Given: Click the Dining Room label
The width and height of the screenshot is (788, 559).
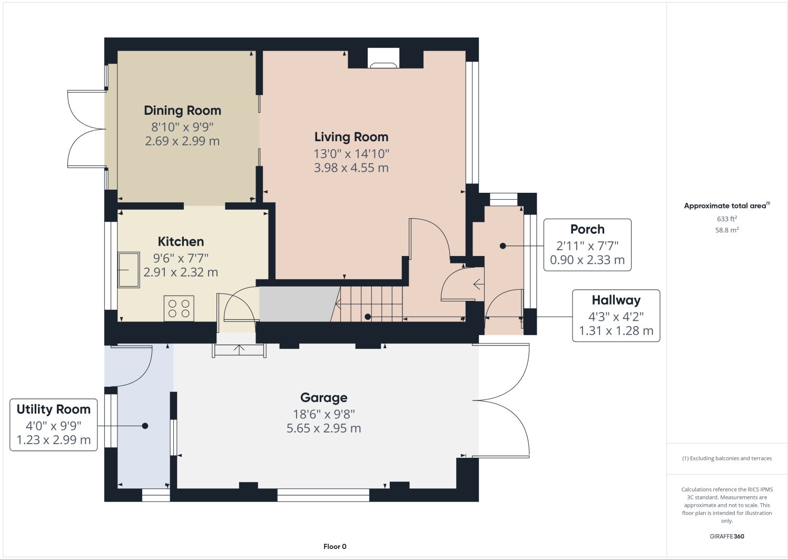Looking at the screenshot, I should (x=182, y=111).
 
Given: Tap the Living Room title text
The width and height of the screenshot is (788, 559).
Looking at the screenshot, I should (x=351, y=137).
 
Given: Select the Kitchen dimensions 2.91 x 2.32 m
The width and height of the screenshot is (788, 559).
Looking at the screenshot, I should (x=181, y=272).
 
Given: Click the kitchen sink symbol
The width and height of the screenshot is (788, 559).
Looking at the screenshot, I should (x=129, y=270).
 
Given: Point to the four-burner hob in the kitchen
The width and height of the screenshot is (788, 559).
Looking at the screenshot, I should (x=179, y=309).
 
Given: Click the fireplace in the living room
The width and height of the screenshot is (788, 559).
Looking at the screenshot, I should (x=383, y=58).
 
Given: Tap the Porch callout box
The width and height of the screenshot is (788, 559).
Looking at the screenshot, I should (x=587, y=245).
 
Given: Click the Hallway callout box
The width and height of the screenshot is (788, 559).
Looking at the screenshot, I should (x=616, y=316).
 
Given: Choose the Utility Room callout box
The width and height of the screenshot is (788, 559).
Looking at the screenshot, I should (x=54, y=425).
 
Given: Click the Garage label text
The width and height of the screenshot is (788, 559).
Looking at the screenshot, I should (x=323, y=398).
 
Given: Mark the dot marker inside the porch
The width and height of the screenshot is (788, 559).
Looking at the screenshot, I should (x=503, y=246).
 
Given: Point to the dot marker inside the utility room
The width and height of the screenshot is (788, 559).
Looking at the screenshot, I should (x=145, y=426).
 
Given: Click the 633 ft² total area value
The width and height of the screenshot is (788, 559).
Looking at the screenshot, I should (x=726, y=219).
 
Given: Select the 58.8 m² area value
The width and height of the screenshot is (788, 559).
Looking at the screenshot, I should (x=726, y=230).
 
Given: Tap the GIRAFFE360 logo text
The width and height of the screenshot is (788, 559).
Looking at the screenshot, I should (x=726, y=536).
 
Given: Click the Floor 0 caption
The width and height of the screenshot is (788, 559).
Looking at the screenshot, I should (x=334, y=546).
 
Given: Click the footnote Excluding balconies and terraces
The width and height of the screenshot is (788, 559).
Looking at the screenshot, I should (x=726, y=458).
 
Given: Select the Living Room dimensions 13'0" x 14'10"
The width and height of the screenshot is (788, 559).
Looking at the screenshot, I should (x=351, y=154).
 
